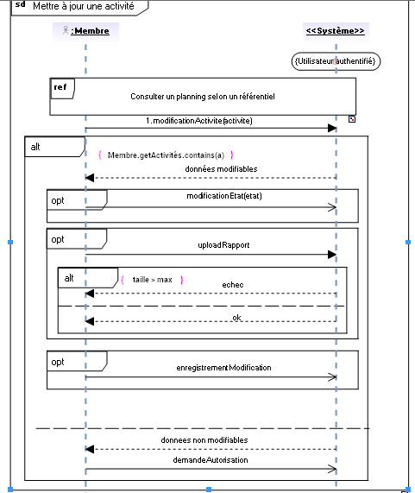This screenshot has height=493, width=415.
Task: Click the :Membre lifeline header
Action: pyautogui.click(x=85, y=31)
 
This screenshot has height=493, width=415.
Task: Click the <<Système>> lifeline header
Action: pyautogui.click(x=336, y=31)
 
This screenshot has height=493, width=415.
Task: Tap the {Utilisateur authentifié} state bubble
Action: pyautogui.click(x=336, y=61)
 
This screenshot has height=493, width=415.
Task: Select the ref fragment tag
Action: pyautogui.click(x=62, y=88)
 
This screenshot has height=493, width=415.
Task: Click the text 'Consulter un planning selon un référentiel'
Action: pyautogui.click(x=203, y=97)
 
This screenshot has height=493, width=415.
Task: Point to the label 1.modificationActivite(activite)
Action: pyautogui.click(x=199, y=121)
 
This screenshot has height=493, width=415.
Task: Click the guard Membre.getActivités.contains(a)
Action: pyautogui.click(x=166, y=155)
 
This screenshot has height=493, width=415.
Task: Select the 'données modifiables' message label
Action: pyautogui.click(x=221, y=169)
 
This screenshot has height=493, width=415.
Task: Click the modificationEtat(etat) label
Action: pyautogui.click(x=224, y=196)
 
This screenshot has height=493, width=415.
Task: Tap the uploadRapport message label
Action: pyautogui.click(x=223, y=245)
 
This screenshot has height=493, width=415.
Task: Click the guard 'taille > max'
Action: pyautogui.click(x=153, y=280)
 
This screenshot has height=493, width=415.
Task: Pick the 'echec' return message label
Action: pyautogui.click(x=233, y=285)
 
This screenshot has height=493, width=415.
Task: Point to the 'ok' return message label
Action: pyautogui.click(x=237, y=318)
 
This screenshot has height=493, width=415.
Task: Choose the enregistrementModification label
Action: pyautogui.click(x=223, y=368)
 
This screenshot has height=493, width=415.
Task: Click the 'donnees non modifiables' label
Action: pyautogui.click(x=204, y=440)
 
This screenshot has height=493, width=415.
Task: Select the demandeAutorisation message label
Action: pyautogui.click(x=211, y=460)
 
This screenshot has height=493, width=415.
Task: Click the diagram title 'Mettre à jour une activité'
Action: pyautogui.click(x=84, y=6)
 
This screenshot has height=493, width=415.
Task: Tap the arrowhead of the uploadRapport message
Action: pyautogui.click(x=332, y=255)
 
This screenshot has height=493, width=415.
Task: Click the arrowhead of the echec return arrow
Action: pyautogui.click(x=90, y=294)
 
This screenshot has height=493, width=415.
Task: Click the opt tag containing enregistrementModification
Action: pyautogui.click(x=77, y=361)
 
